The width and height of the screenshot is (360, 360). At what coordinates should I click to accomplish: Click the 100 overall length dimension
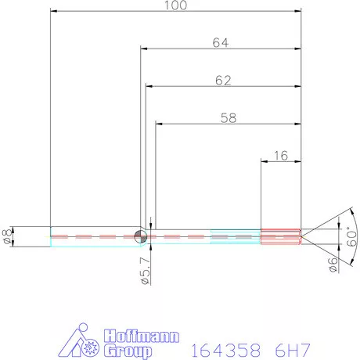click(x=175, y=5)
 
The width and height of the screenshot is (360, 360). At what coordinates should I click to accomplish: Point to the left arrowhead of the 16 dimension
click(x=264, y=162)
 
